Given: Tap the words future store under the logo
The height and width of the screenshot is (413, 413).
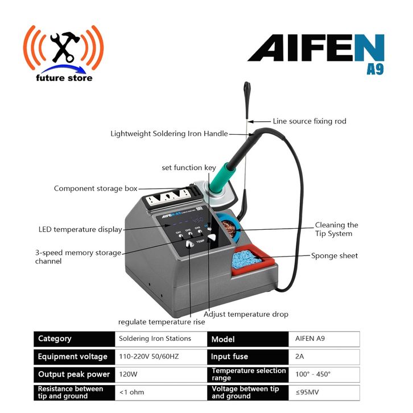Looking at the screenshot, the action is [64, 78].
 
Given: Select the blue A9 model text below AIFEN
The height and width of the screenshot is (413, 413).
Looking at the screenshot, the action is [375, 69].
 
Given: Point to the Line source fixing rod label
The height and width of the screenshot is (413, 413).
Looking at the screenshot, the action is [309, 121].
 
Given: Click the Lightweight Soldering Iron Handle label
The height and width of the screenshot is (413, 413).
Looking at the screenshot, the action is [169, 134].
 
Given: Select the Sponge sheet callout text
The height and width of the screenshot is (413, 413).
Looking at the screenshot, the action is [334, 256].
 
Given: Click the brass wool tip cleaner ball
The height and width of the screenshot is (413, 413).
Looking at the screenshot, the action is [228, 228].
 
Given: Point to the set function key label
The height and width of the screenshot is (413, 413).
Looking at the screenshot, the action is [189, 168].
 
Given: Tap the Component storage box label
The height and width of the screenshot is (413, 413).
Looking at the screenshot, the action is [96, 189].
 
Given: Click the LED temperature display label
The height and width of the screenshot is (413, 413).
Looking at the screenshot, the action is [80, 229].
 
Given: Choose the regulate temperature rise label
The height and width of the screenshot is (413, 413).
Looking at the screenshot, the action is [162, 322].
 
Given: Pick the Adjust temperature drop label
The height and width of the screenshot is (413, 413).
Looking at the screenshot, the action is [246, 314].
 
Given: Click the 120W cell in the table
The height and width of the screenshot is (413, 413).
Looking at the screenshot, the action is [161, 374].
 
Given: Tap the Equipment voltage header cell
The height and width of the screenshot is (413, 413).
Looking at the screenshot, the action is [75, 357].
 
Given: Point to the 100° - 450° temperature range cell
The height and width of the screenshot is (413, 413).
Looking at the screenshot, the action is [324, 374].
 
